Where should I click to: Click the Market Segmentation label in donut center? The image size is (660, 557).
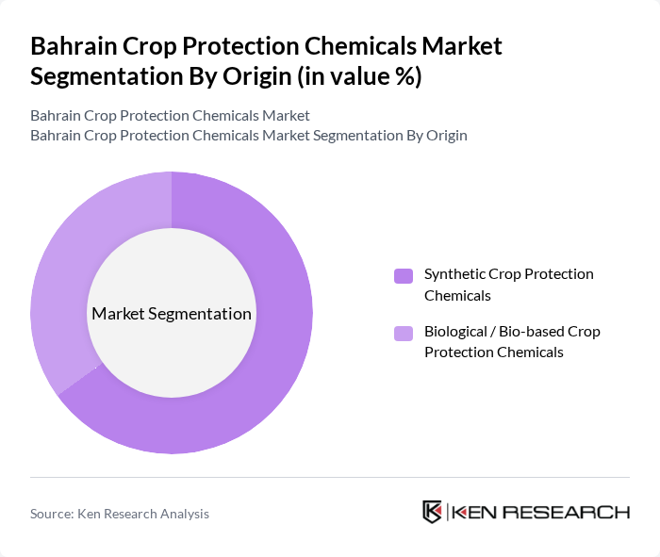(172, 314)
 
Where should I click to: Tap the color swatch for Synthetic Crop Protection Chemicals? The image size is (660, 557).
(404, 275)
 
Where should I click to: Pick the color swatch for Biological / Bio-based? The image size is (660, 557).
(404, 333)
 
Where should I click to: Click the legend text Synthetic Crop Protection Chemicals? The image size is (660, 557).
(508, 285)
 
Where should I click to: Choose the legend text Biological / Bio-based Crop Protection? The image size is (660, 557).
(512, 342)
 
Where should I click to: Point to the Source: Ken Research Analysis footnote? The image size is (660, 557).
(120, 514)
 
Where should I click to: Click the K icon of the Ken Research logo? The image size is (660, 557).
(433, 512)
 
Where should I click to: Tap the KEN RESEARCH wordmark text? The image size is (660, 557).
(540, 513)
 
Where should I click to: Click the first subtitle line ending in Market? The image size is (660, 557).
(170, 116)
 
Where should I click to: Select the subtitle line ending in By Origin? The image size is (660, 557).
(248, 135)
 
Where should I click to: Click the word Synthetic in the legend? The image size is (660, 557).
(454, 274)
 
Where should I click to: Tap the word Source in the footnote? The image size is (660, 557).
(52, 514)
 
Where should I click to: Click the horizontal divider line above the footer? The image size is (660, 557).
(330, 477)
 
